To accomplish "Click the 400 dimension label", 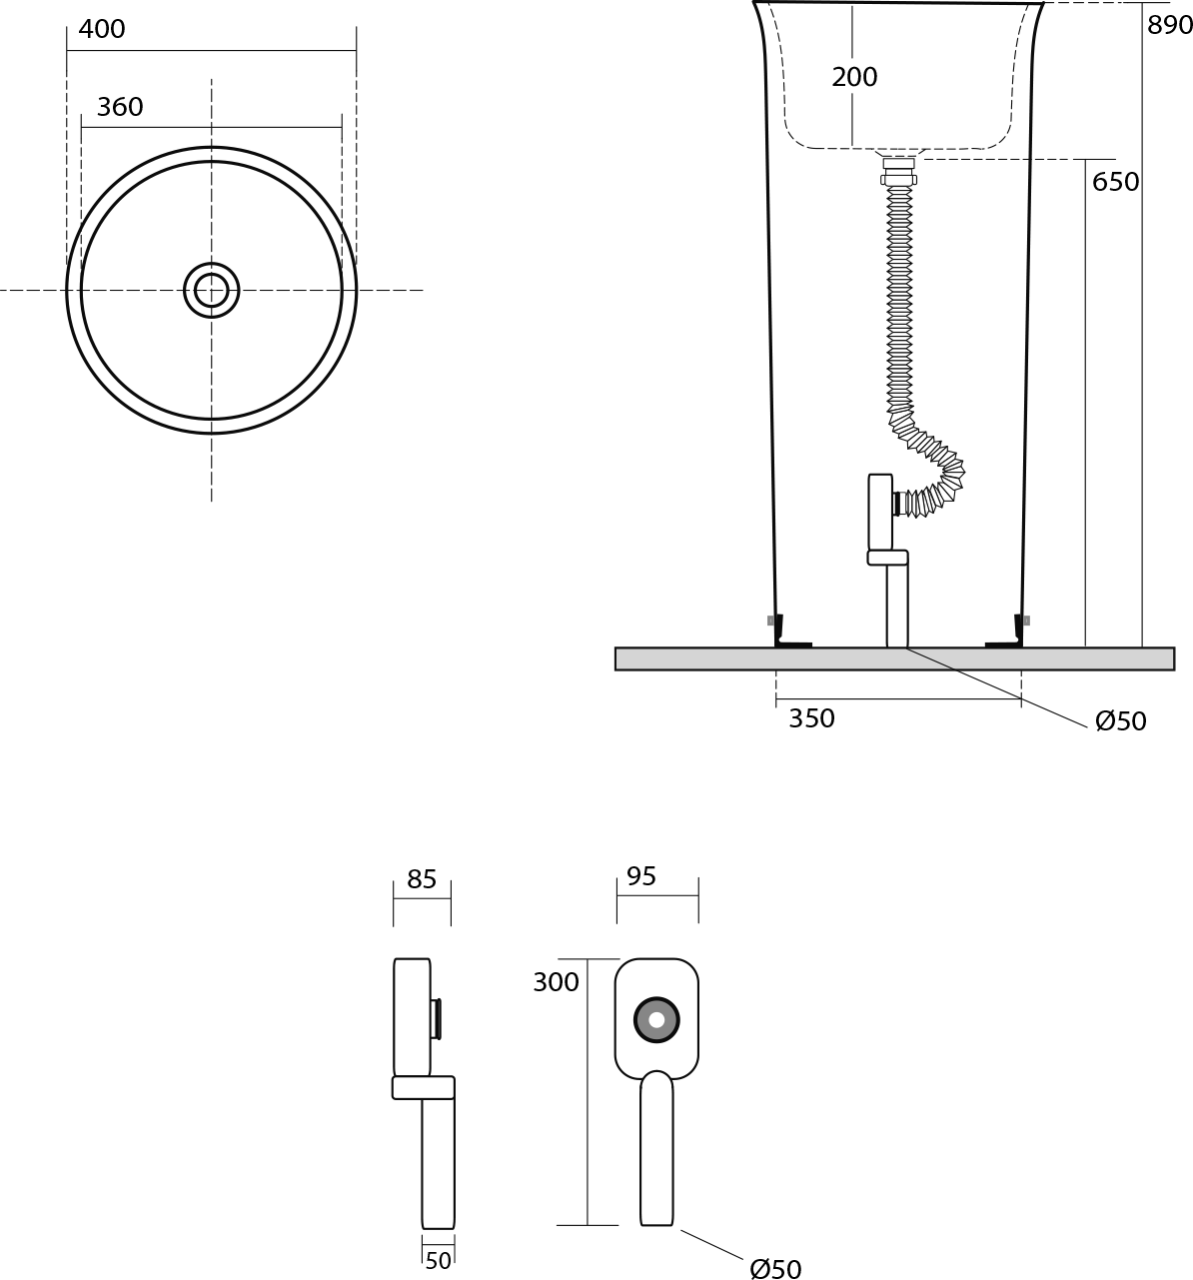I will [102, 30].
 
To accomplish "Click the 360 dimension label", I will [120, 107].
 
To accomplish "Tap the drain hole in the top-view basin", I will [212, 291].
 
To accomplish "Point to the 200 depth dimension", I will [854, 77].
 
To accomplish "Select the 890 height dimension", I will [1169, 26].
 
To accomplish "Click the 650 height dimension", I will [1115, 182].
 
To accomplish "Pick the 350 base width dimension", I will [811, 718].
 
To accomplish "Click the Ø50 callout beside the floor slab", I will [1120, 721].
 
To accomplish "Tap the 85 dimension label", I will [422, 879].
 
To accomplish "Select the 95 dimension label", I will [641, 876].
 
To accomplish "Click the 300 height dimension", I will [556, 982].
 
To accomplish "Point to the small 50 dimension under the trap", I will [438, 1261].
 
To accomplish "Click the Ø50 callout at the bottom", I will [775, 1269].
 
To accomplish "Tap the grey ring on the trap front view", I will [656, 1020].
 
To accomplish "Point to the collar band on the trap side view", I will [424, 1087].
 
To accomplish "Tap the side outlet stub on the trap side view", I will [437, 1018].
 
